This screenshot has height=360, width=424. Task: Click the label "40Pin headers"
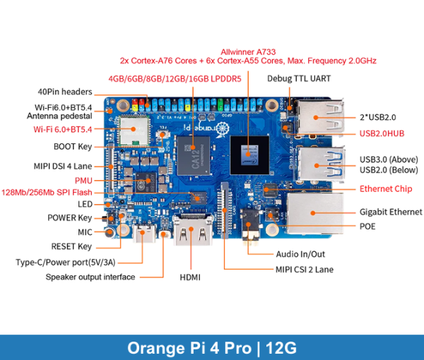(65, 92)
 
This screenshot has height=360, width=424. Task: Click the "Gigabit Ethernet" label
(391, 212)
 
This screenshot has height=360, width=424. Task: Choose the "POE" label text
(367, 227)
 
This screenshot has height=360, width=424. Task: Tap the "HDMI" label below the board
(189, 277)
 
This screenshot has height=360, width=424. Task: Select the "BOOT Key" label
(73, 147)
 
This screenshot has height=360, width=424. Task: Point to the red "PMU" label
(83, 181)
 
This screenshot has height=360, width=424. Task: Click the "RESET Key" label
(71, 246)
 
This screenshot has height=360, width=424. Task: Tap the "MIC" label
(85, 232)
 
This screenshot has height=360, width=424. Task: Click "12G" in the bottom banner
(278, 348)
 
